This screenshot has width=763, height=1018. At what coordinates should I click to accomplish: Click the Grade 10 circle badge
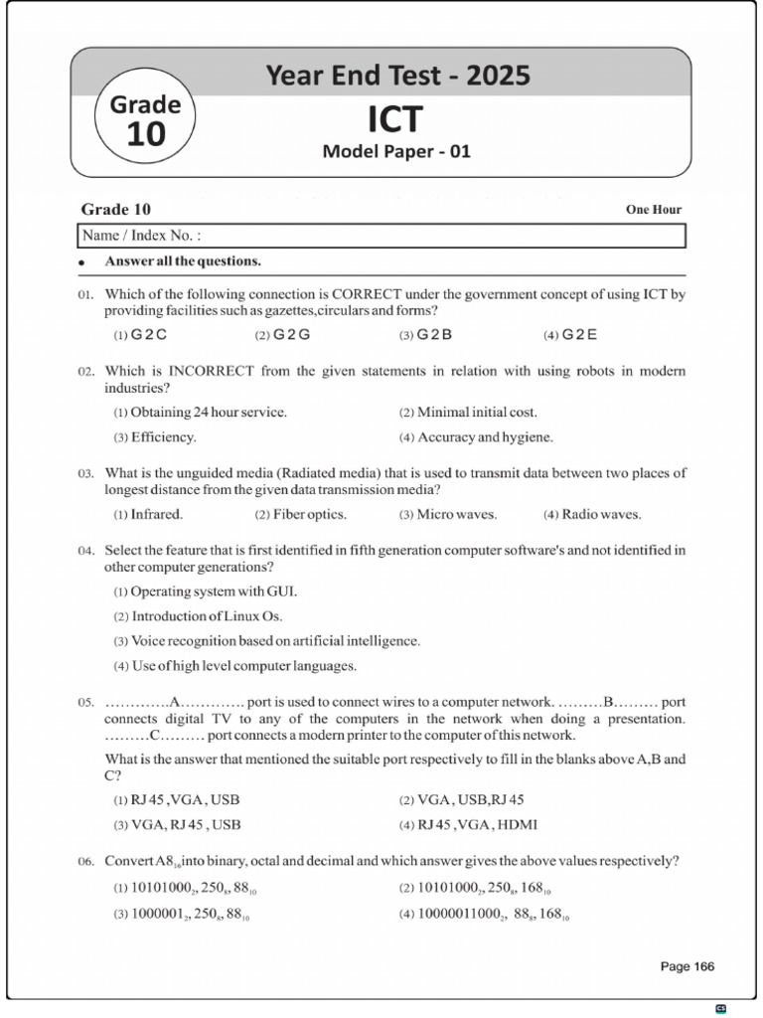(145, 120)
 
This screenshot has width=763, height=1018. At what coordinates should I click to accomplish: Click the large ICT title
(394, 119)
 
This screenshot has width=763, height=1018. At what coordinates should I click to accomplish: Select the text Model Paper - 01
(395, 152)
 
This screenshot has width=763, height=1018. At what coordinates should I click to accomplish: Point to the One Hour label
(653, 210)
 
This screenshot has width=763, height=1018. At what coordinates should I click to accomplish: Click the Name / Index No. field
(381, 236)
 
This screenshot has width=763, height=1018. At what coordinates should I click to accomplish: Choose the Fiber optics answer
(309, 514)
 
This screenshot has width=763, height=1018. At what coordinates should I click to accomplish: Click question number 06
(85, 861)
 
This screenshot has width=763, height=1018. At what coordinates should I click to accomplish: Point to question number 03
(85, 474)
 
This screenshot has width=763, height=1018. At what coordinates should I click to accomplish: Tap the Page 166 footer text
(687, 966)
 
